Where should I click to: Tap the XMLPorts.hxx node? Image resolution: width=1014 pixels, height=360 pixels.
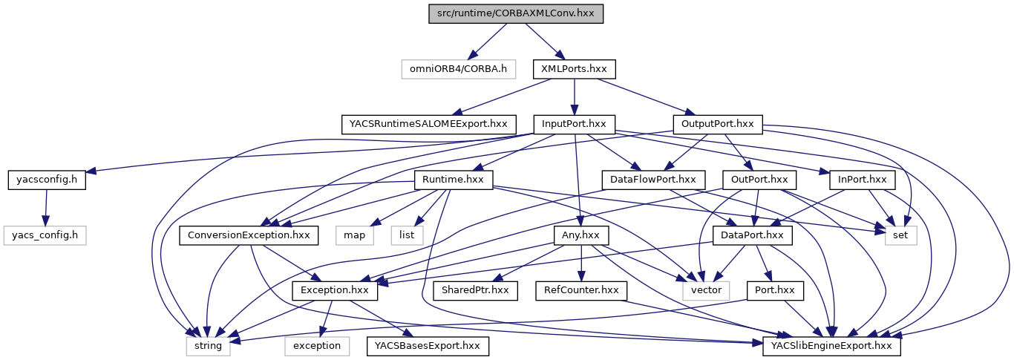(x=574, y=69)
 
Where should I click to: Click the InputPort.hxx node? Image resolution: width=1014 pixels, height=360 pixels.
(x=575, y=124)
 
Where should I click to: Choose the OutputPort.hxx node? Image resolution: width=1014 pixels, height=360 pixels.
(x=718, y=124)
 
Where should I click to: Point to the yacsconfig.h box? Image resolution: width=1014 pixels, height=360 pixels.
(x=47, y=180)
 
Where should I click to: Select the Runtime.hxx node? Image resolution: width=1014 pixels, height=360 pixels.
(x=453, y=180)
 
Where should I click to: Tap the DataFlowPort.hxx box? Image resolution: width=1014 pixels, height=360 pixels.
(x=652, y=180)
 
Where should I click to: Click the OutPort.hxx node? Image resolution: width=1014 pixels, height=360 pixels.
(x=758, y=180)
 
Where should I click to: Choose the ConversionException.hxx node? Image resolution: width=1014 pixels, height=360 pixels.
(x=249, y=235)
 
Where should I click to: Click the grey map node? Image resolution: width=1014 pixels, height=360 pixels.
(x=354, y=235)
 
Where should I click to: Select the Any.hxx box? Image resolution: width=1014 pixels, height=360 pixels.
(x=581, y=235)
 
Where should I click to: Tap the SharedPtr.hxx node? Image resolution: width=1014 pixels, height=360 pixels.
(x=475, y=290)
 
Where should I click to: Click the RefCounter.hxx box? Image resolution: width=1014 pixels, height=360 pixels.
(x=580, y=290)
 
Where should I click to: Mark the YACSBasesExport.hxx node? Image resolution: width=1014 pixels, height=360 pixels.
(x=427, y=346)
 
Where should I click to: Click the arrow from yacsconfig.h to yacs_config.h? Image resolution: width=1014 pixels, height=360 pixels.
(x=46, y=207)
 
